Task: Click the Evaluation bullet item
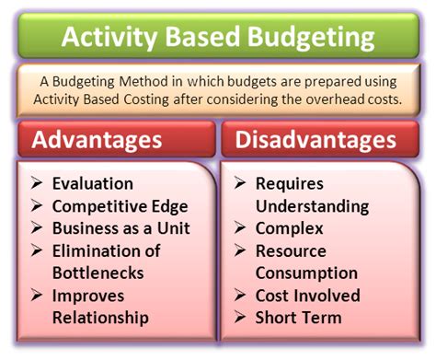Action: [x=93, y=183]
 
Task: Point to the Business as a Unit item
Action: [x=121, y=227]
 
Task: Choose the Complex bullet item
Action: [x=290, y=227]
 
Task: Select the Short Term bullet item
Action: [x=298, y=318]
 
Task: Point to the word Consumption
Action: [x=306, y=273]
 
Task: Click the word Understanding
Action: [x=312, y=205]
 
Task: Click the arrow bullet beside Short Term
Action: [x=240, y=318]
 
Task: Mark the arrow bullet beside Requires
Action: [x=240, y=183]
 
